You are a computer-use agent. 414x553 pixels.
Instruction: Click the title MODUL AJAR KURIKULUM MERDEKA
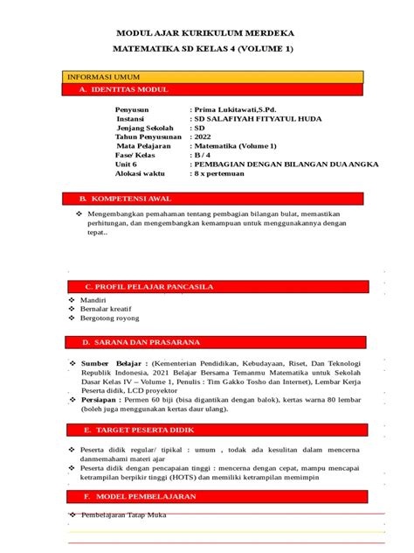(x=206, y=31)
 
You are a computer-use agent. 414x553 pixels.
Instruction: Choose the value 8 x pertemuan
(x=219, y=173)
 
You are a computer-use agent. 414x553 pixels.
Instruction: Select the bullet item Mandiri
(x=93, y=300)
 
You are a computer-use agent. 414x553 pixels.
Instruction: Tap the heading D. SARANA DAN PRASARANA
(x=141, y=341)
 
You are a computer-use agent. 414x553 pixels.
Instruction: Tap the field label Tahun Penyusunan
(x=148, y=136)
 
